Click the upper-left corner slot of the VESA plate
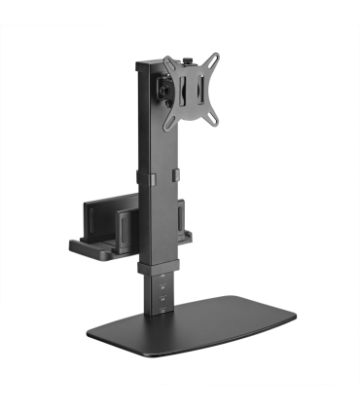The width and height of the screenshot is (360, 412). (172, 71)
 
